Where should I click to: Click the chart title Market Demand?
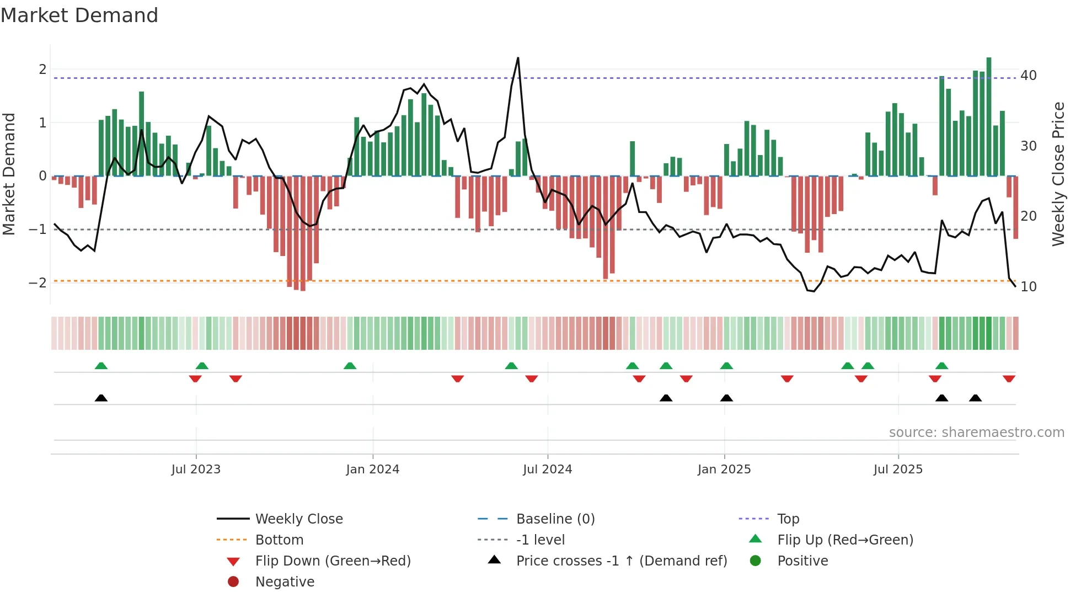click(79, 15)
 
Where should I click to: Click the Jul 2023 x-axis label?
click(196, 470)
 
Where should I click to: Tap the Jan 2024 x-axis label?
click(373, 470)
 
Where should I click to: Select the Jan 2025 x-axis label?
click(724, 470)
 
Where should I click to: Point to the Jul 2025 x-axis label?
click(898, 470)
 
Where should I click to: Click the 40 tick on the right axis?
click(1029, 76)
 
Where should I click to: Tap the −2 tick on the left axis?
click(38, 283)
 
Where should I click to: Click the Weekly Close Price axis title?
click(1058, 174)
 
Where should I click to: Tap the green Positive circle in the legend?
click(756, 561)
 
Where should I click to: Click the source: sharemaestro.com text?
click(976, 433)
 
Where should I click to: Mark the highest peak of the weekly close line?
click(518, 58)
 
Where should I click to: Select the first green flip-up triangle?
click(101, 366)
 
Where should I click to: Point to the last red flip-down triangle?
click(1009, 378)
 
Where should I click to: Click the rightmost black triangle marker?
click(975, 398)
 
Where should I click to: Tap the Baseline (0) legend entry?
click(555, 519)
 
